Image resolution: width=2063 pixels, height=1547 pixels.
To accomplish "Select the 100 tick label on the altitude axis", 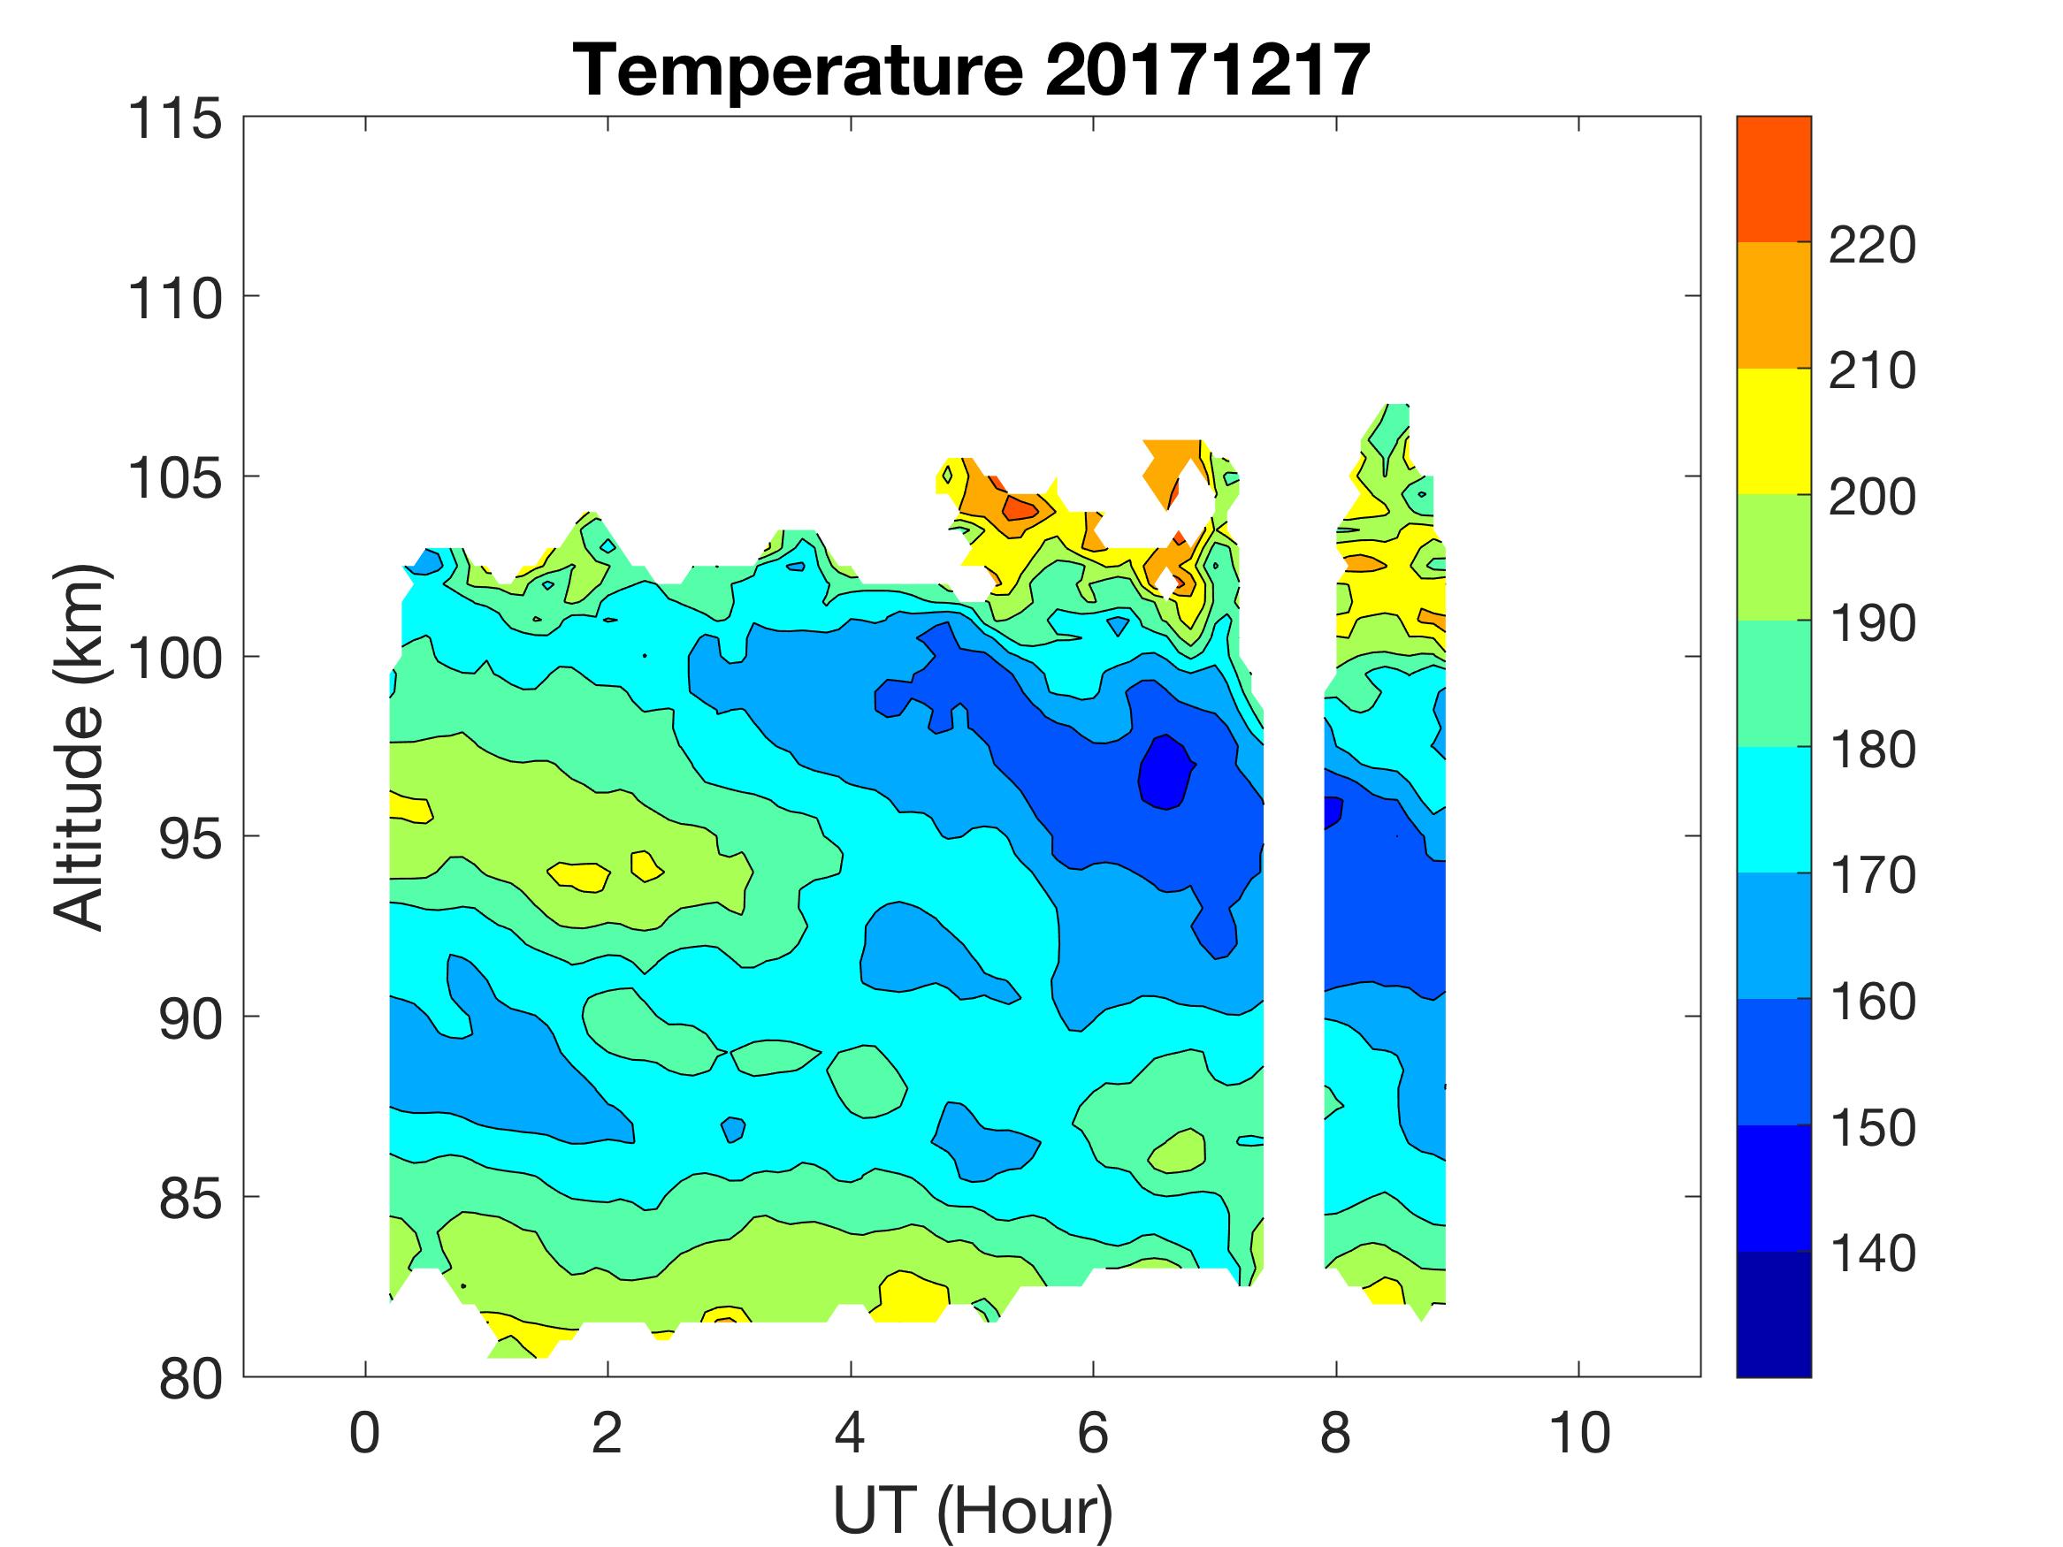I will pos(175,659).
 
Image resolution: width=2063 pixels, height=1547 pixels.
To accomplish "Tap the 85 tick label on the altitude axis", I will pos(190,1198).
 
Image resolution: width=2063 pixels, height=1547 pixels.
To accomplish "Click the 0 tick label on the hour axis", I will pos(364,1431).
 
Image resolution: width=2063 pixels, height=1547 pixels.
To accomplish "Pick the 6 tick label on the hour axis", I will pos(1093,1431).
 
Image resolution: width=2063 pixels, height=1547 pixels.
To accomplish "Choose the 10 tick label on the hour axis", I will pos(1579,1431).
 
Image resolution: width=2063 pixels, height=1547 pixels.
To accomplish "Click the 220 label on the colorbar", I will pos(1872,245).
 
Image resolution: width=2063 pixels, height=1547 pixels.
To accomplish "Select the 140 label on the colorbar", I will pos(1872,1254).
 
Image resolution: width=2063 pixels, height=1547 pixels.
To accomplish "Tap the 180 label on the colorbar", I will pos(1872,749).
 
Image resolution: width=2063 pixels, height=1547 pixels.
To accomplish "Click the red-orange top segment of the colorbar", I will pos(1773,179).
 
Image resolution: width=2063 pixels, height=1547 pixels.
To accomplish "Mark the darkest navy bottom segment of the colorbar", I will pos(1773,1313).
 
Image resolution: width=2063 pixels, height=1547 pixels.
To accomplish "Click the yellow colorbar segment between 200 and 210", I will pos(1773,431).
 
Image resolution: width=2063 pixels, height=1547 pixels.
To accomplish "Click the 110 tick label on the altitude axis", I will pos(175,300).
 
